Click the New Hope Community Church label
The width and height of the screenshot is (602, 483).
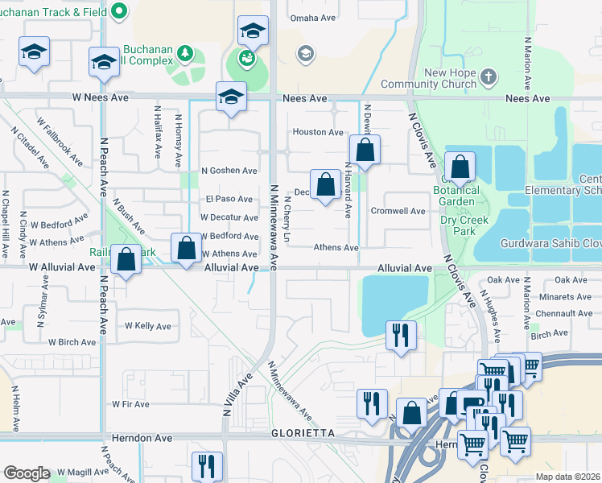(439, 78)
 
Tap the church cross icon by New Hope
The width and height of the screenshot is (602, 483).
(488, 77)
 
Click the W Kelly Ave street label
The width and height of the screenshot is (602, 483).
(147, 326)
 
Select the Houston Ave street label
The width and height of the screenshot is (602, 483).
(318, 132)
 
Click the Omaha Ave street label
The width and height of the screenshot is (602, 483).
(313, 18)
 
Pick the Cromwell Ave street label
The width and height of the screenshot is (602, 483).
(397, 211)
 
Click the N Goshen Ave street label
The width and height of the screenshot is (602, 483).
(229, 171)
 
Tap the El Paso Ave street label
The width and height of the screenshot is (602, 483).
(229, 199)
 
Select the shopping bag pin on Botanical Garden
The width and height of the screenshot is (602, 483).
(460, 167)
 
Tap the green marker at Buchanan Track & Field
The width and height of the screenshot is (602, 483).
(120, 10)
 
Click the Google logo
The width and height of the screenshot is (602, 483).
(27, 473)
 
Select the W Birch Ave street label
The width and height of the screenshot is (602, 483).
(72, 342)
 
